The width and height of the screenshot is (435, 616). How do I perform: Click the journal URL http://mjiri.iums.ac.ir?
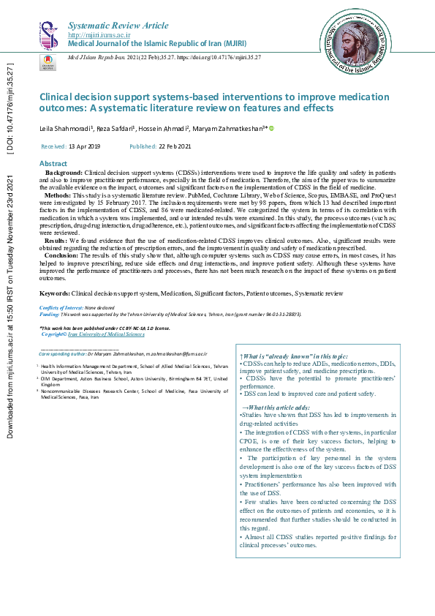(x=99, y=34)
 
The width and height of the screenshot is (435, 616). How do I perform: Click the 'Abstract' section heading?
(x=53, y=163)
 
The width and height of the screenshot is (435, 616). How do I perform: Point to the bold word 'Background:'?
(x=65, y=171)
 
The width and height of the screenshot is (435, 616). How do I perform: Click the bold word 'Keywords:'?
(x=54, y=293)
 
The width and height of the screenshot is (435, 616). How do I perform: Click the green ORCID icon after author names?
(x=272, y=129)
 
